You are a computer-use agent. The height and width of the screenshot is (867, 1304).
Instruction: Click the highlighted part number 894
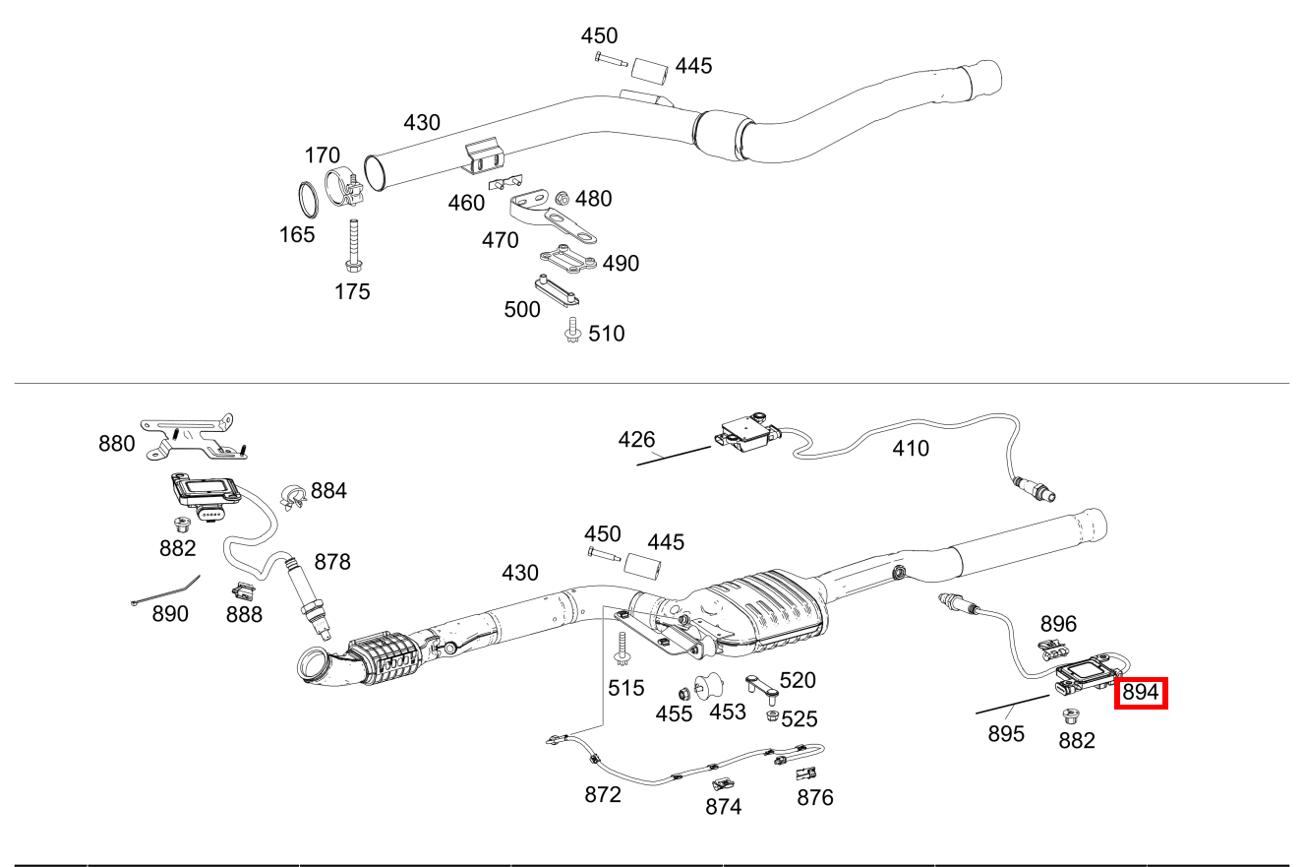[x=1140, y=693]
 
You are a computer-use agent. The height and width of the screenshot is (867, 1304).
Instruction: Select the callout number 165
[x=296, y=234]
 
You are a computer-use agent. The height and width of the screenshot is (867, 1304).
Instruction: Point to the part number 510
[x=606, y=334]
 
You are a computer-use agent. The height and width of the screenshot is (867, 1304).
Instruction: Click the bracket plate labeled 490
[x=567, y=259]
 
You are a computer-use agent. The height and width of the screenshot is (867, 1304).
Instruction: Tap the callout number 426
[x=636, y=439]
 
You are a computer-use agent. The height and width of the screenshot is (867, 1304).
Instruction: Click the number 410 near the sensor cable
[x=910, y=449]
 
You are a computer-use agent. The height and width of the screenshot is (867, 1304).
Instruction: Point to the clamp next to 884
[x=291, y=497]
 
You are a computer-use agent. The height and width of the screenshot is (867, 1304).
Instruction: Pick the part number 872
[x=603, y=793]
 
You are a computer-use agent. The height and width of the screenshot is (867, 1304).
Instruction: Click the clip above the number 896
[x=1053, y=649]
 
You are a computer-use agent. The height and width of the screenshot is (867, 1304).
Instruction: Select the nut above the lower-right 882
[x=1070, y=715]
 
